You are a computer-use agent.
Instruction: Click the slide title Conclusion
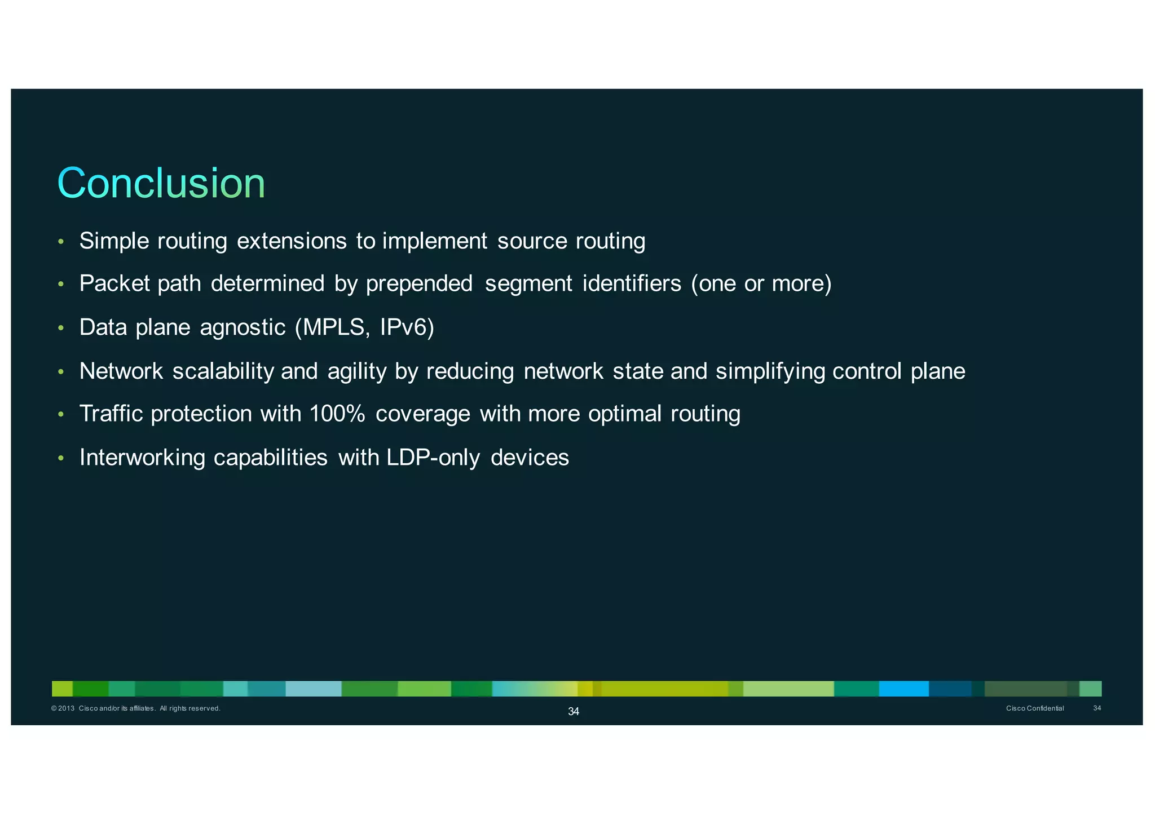(161, 183)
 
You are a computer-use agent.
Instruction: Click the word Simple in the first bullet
(114, 241)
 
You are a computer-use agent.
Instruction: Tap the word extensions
(292, 241)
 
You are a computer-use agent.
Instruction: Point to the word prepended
(419, 283)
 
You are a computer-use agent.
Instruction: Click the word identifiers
(632, 283)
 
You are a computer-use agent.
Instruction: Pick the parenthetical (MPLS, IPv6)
(364, 327)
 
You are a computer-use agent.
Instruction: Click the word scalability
(223, 371)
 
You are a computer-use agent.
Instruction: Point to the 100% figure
(337, 414)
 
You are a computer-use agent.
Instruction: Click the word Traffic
(111, 414)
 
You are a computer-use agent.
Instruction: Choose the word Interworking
(142, 458)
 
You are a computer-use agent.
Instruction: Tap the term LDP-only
(433, 458)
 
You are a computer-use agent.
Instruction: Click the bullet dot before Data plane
(61, 329)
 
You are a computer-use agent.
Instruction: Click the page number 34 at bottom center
(573, 712)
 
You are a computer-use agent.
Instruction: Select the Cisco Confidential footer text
(1035, 708)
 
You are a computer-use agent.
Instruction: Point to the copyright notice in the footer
(135, 708)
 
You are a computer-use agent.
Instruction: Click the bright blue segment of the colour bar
(903, 689)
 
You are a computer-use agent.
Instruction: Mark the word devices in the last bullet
(530, 458)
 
